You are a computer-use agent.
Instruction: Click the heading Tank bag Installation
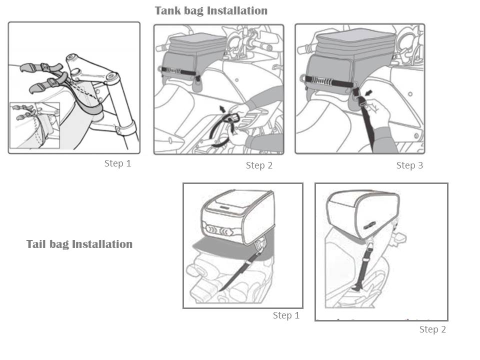tap(211, 10)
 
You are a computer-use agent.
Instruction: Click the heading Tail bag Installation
tap(79, 244)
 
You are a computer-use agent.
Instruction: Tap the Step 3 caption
tap(409, 165)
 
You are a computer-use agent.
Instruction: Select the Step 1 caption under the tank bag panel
tap(117, 163)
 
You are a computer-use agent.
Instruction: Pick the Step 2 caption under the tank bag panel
tap(259, 165)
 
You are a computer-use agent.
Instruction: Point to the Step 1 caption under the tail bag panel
tap(286, 315)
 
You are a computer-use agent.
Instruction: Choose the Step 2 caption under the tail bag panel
tap(432, 329)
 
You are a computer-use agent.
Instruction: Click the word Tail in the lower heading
tap(36, 244)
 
